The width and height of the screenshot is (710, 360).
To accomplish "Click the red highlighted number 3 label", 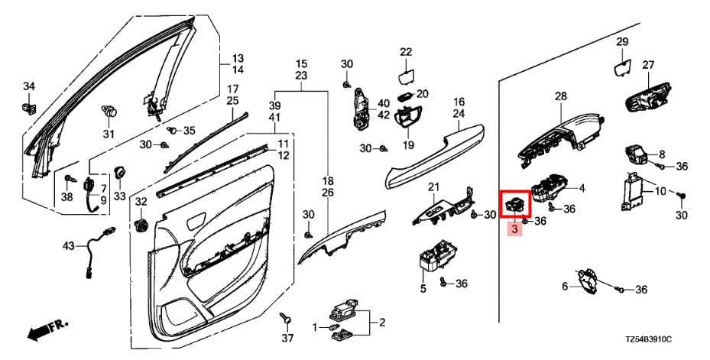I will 514,229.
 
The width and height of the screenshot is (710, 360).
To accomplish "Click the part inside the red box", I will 514,204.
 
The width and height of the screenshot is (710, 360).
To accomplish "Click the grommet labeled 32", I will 141,225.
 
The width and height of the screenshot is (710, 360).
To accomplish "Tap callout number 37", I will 287,338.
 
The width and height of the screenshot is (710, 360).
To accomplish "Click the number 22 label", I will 405,52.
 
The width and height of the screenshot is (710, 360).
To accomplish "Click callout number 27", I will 648,65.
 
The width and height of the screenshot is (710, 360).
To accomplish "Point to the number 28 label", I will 561,96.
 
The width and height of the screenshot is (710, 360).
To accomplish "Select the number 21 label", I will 433,187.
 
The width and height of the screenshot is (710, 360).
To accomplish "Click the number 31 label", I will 108,135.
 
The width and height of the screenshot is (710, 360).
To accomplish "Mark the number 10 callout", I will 660,190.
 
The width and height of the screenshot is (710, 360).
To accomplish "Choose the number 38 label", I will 66,196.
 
